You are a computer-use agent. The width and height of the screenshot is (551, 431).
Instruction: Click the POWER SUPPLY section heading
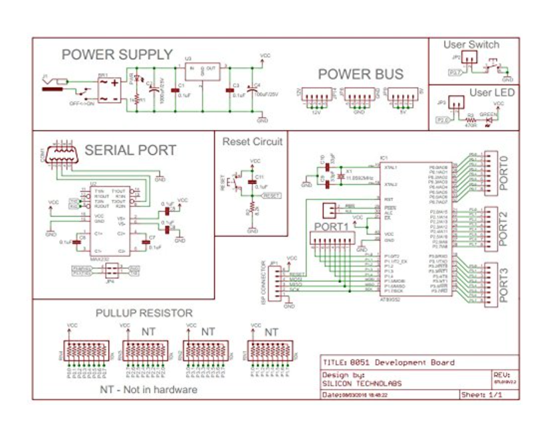tap(117, 55)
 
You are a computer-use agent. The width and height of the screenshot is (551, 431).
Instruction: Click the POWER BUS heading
tap(360, 74)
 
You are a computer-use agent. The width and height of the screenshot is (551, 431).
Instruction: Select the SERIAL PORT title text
tap(130, 150)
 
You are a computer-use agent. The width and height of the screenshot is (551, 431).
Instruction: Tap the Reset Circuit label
tap(252, 141)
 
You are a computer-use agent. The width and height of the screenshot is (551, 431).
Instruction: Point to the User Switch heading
tap(471, 45)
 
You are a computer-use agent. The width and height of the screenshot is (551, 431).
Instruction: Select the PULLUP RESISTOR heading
tap(144, 313)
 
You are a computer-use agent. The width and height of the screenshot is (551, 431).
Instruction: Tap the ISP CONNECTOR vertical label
tap(265, 279)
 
